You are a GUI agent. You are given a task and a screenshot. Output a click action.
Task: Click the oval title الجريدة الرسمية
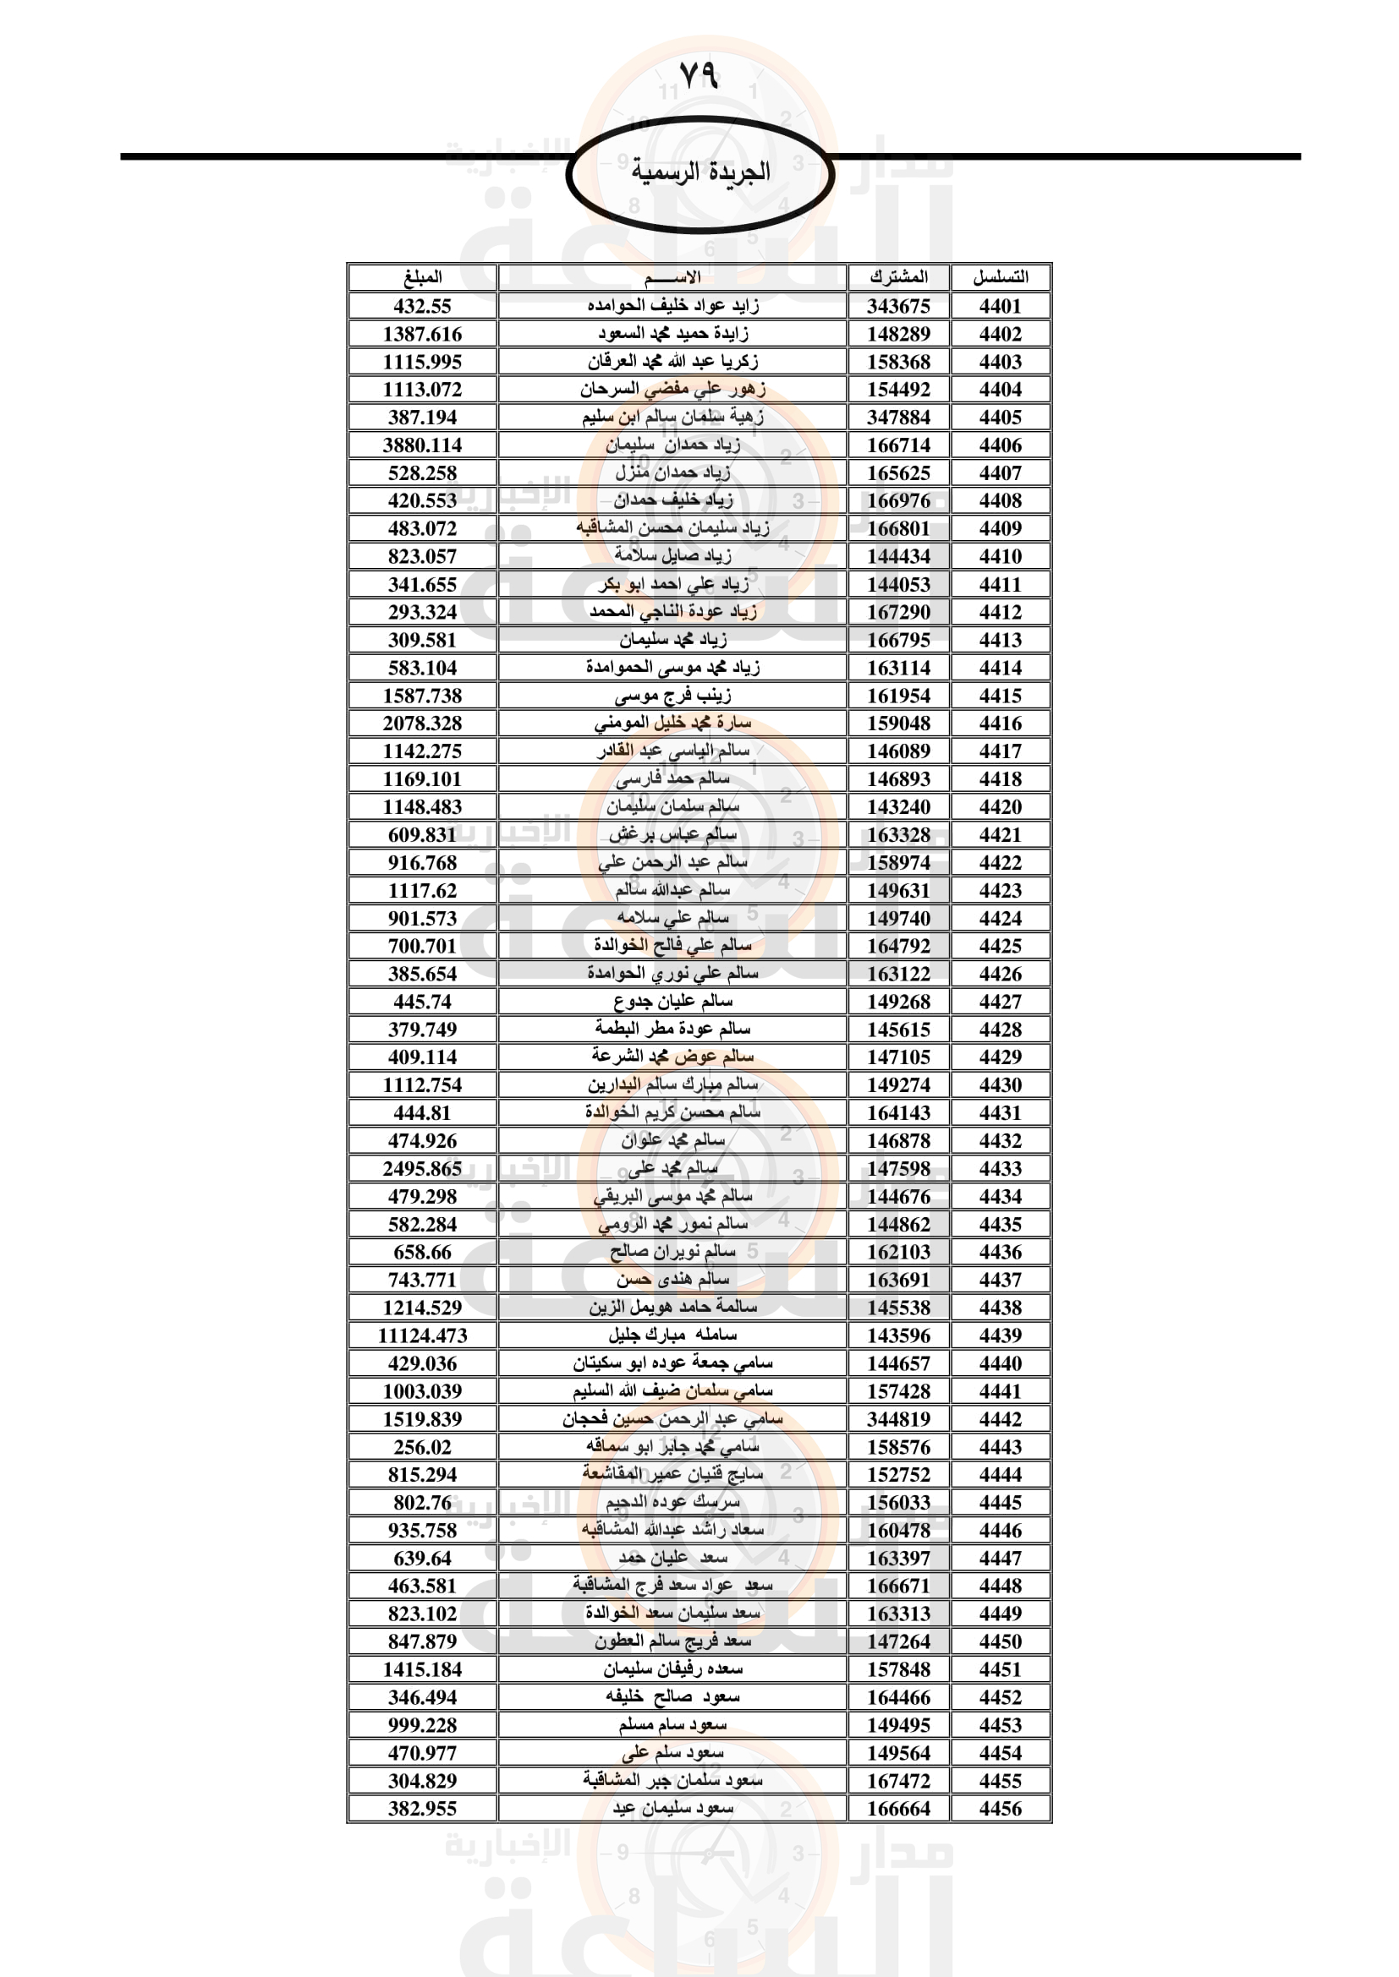point(699,172)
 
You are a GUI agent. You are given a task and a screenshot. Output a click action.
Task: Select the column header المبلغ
point(422,277)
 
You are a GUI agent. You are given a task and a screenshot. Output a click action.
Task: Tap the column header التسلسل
point(999,277)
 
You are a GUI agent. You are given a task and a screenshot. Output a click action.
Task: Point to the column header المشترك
point(898,277)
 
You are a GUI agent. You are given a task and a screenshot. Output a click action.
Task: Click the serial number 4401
point(999,306)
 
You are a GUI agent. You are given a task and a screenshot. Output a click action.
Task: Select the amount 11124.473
point(422,1335)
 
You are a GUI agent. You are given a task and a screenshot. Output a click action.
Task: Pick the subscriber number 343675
point(898,306)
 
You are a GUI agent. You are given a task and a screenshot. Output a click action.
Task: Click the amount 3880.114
point(422,445)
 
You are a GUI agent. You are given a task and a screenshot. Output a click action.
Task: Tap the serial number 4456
point(999,1808)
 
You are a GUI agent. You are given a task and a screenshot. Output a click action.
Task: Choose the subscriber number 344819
point(898,1419)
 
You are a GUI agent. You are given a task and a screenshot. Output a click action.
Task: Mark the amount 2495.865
point(422,1168)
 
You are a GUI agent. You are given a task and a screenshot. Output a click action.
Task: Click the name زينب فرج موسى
point(672,695)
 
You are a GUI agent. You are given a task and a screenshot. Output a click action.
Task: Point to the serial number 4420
point(999,807)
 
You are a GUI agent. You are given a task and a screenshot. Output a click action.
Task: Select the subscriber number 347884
point(898,418)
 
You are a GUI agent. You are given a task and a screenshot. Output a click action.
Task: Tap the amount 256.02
point(422,1446)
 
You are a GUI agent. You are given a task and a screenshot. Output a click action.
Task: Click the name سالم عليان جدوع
point(672,1002)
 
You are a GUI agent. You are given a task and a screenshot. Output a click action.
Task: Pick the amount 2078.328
point(422,724)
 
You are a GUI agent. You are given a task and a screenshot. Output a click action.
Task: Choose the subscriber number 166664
point(898,1808)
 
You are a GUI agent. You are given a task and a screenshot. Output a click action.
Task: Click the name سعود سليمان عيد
point(672,1808)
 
